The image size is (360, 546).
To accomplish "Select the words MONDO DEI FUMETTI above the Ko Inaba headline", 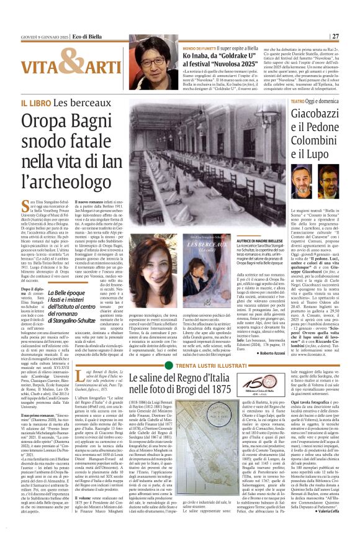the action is tap(199, 47).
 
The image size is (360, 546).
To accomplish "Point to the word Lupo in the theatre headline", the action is tap(320, 153).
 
